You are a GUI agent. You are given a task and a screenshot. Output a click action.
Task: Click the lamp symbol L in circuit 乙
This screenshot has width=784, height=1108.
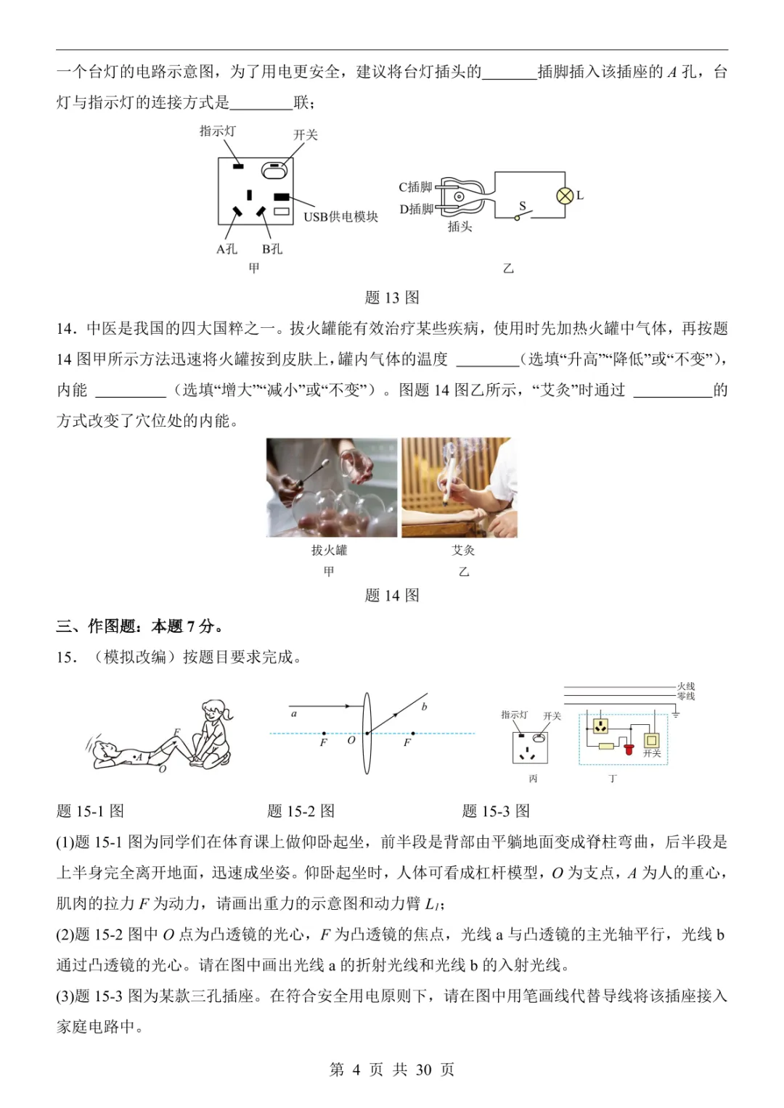click(x=565, y=196)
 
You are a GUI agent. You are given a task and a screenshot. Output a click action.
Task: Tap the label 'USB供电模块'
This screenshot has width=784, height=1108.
click(x=340, y=217)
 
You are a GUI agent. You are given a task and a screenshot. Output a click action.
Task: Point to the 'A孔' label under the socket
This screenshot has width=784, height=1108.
click(x=226, y=249)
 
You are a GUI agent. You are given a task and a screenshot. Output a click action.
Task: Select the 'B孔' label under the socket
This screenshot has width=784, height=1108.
click(x=272, y=249)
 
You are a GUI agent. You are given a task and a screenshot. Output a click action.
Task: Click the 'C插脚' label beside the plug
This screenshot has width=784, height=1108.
click(x=415, y=187)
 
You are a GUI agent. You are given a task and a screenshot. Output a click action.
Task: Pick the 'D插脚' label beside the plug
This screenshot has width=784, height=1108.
click(x=416, y=209)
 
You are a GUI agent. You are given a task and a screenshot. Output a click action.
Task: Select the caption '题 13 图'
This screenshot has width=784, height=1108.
click(x=392, y=297)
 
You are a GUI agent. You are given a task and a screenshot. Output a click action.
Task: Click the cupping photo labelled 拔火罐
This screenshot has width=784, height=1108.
click(x=332, y=487)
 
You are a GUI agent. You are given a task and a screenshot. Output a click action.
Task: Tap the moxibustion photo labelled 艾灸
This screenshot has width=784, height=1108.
click(x=460, y=487)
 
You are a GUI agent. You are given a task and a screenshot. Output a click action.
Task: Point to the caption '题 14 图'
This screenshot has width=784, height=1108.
click(x=392, y=596)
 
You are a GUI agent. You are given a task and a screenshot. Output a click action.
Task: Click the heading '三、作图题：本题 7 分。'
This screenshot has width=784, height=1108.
click(x=140, y=626)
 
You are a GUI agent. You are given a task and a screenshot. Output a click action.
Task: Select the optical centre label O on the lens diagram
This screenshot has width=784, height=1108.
click(x=351, y=741)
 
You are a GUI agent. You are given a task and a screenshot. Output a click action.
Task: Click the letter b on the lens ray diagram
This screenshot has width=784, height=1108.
click(x=424, y=707)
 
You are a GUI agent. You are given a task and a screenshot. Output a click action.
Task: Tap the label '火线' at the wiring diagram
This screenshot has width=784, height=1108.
click(x=686, y=686)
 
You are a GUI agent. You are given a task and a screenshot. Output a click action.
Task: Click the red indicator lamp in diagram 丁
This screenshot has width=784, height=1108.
click(x=629, y=747)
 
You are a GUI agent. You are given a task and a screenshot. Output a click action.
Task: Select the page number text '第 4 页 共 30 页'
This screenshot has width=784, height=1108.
click(x=392, y=1070)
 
